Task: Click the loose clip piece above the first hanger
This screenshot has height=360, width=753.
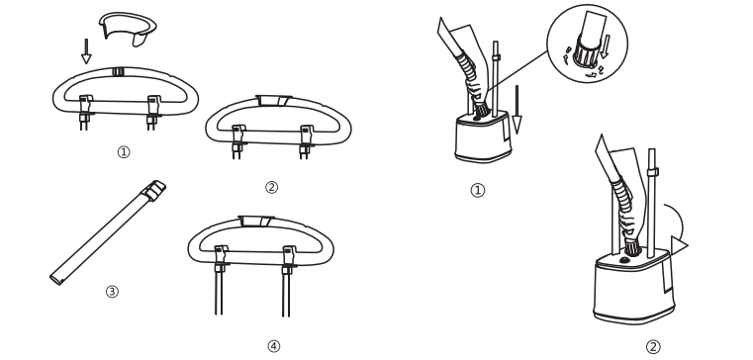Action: tap(128, 27)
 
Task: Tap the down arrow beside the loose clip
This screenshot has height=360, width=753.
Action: tap(86, 51)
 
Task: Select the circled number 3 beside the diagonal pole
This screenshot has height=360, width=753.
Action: tap(112, 292)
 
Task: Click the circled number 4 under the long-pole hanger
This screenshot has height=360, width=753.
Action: tap(273, 346)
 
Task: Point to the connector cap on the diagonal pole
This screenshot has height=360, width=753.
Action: tap(153, 190)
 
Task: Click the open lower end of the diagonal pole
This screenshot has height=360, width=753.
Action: tap(55, 279)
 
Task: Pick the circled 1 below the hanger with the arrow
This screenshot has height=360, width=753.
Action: tap(124, 152)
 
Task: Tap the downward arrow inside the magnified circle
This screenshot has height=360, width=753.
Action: tap(606, 46)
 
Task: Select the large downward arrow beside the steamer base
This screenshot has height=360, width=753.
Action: tap(517, 110)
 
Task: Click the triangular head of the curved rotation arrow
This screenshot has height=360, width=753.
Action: tap(679, 245)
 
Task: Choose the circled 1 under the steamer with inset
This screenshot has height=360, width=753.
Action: tap(477, 191)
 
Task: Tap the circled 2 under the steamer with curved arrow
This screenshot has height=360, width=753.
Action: tap(653, 346)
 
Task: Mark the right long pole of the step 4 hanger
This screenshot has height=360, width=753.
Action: tap(286, 293)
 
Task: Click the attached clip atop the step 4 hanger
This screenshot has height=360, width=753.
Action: tap(256, 222)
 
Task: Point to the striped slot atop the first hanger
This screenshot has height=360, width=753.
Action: tap(118, 72)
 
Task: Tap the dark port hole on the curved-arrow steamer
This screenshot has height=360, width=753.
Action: tap(624, 260)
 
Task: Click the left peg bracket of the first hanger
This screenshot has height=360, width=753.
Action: tap(85, 113)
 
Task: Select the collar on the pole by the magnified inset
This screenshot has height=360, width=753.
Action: tap(496, 57)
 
